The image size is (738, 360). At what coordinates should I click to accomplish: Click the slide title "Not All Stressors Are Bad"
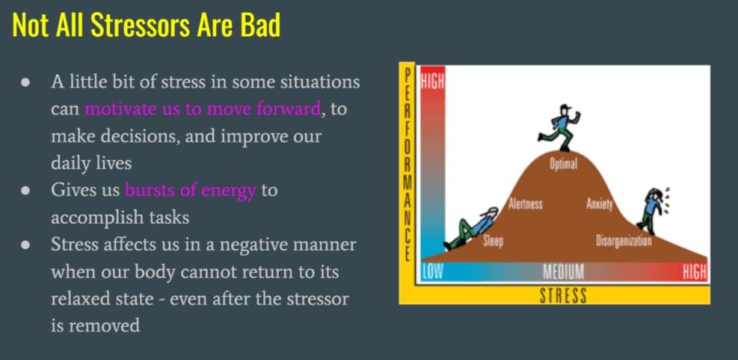(146, 25)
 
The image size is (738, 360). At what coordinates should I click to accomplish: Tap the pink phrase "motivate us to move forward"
(202, 109)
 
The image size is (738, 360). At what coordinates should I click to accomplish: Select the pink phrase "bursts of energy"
(190, 191)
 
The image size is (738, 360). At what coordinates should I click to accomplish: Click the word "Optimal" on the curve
(563, 165)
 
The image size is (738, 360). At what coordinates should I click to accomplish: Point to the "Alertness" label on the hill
(525, 204)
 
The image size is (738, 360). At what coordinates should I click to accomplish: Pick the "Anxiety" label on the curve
(599, 204)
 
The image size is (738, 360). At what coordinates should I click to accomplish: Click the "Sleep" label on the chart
(494, 242)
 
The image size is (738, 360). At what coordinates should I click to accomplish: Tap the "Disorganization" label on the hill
(623, 241)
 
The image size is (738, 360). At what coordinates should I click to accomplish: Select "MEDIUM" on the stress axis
(563, 272)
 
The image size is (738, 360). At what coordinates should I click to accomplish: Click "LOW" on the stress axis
(432, 272)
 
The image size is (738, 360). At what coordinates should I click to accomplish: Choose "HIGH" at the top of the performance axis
(432, 82)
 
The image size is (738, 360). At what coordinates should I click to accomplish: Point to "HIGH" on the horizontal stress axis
(695, 272)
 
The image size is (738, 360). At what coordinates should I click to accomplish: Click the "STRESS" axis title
(563, 296)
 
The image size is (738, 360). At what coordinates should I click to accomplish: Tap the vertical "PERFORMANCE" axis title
(407, 165)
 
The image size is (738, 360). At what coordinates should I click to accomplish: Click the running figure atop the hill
(560, 128)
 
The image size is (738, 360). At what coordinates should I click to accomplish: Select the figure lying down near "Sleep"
(470, 228)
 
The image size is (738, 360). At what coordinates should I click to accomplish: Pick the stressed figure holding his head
(653, 211)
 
